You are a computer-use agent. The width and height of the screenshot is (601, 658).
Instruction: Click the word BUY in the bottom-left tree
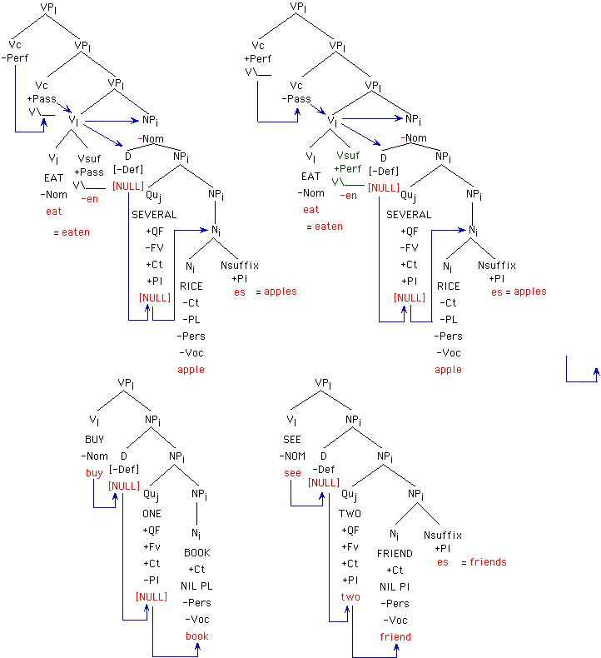[94, 439]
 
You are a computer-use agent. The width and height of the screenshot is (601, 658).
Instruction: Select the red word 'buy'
[94, 473]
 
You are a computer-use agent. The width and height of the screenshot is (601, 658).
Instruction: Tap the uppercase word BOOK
[197, 552]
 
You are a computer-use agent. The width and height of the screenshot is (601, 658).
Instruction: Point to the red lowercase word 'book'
[197, 636]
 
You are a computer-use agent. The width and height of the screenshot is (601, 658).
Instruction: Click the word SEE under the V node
[292, 439]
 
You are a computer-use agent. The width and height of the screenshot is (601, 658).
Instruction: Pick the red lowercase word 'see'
[292, 473]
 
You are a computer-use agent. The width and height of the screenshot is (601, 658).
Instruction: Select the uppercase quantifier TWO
[350, 514]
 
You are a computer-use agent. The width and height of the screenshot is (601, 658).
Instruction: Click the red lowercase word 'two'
[350, 597]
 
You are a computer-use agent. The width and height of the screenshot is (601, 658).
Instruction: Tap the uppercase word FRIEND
[395, 553]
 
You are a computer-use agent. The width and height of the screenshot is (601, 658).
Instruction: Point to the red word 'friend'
[395, 637]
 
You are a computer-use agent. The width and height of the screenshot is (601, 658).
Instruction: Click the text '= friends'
[484, 562]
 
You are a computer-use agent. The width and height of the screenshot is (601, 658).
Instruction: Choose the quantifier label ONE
[151, 514]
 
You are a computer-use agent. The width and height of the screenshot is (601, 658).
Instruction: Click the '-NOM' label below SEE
[292, 456]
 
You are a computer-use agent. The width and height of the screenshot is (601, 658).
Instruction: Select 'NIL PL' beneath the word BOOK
[198, 586]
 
